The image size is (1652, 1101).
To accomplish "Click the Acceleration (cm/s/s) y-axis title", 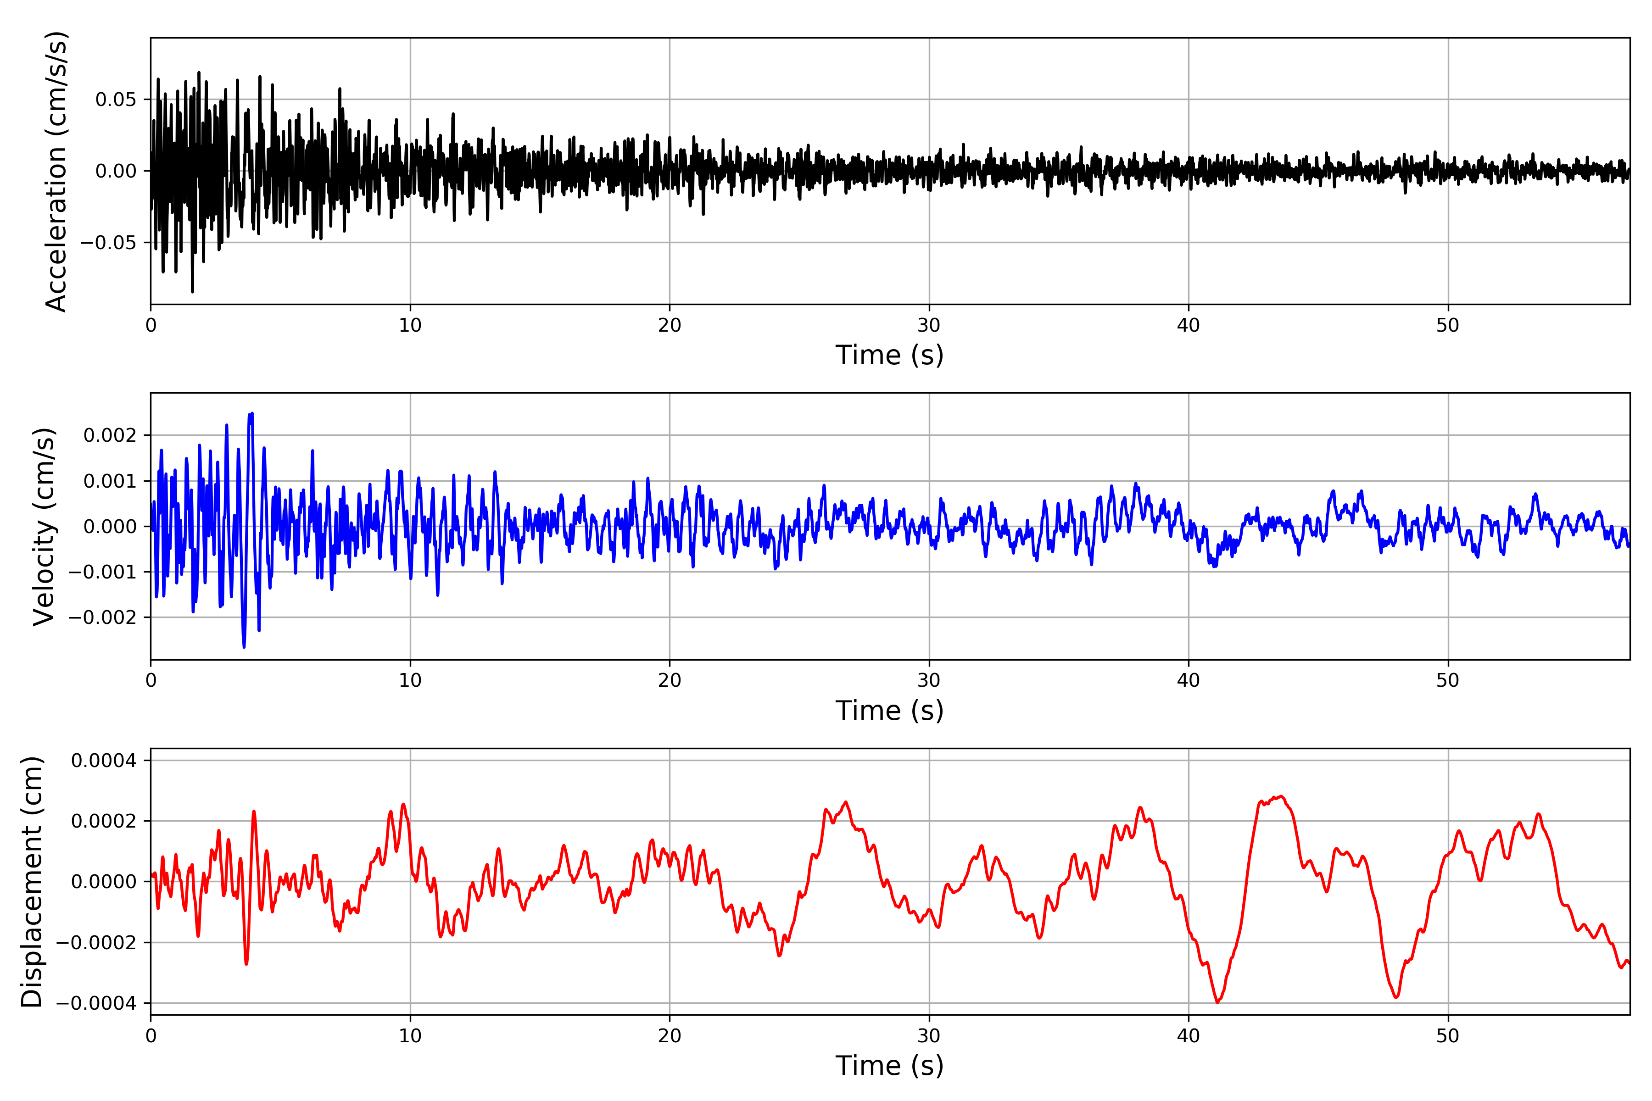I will click(x=56, y=171).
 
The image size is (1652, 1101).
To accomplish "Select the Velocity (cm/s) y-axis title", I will click(x=44, y=527).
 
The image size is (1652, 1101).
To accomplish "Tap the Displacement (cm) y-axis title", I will click(x=32, y=882).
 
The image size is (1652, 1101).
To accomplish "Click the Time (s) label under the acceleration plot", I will click(x=889, y=355).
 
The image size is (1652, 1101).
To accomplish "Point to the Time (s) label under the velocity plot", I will click(x=889, y=711).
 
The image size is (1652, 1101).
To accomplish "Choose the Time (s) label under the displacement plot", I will click(x=889, y=1066).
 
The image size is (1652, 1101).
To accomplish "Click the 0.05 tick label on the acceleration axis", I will click(x=116, y=100).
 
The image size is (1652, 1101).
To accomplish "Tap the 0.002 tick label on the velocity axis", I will click(x=110, y=435).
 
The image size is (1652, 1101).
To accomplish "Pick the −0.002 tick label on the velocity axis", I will click(x=102, y=617).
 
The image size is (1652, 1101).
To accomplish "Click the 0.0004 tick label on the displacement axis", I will click(x=104, y=761).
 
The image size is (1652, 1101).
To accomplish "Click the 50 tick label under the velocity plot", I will click(x=1448, y=680).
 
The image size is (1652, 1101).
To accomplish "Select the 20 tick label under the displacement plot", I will click(x=670, y=1036).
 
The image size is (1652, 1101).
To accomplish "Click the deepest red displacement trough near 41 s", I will click(x=1217, y=1002).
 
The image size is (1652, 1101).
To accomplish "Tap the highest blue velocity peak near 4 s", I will click(x=251, y=414).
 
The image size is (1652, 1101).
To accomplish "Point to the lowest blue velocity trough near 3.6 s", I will click(x=244, y=647).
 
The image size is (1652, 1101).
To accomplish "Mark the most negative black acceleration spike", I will click(x=192, y=291).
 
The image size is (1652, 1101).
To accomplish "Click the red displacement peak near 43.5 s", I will click(x=1281, y=796).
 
